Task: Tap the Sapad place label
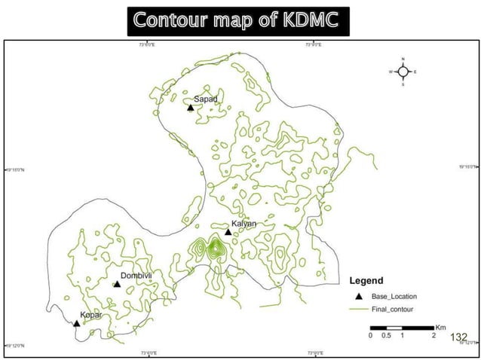click(206, 99)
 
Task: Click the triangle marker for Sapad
click(191, 107)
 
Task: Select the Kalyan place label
click(244, 224)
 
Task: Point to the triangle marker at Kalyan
click(228, 232)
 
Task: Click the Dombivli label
click(136, 276)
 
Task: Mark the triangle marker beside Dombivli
click(117, 284)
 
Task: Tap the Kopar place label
click(91, 315)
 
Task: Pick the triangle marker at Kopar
click(76, 323)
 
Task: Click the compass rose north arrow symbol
click(403, 72)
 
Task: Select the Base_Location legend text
click(394, 296)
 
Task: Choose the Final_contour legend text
click(394, 308)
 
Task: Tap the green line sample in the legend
click(359, 308)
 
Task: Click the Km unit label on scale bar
click(440, 327)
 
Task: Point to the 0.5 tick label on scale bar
click(386, 336)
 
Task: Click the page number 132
click(459, 337)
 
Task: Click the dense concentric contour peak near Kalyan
click(216, 247)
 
